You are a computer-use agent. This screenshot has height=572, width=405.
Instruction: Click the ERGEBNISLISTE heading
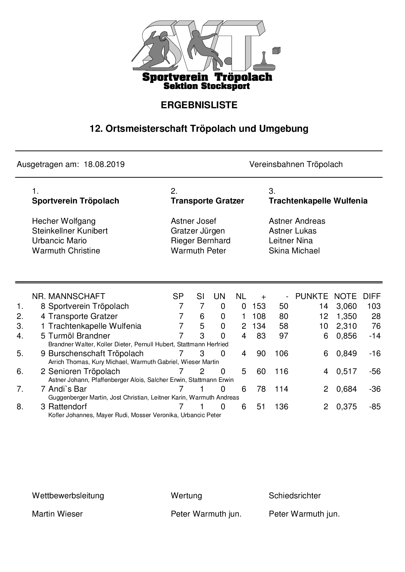pyautogui.click(x=199, y=105)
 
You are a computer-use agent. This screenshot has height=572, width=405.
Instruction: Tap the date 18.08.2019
pyautogui.click(x=104, y=164)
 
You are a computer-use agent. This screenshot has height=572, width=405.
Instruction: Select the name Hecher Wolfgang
pyautogui.click(x=64, y=221)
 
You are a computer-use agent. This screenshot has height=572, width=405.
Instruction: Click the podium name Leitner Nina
pyautogui.click(x=290, y=241)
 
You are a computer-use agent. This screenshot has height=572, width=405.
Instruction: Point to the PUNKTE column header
pyautogui.click(x=311, y=296)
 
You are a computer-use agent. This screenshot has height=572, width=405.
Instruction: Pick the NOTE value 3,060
pyautogui.click(x=346, y=306)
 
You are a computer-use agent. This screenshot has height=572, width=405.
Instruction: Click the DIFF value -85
pyautogui.click(x=375, y=407)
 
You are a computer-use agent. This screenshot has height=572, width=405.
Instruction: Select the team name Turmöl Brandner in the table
pyautogui.click(x=79, y=336)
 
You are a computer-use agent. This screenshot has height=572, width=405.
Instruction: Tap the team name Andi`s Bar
pyautogui.click(x=67, y=389)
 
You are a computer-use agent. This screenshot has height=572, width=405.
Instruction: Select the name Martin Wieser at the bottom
pyautogui.click(x=57, y=514)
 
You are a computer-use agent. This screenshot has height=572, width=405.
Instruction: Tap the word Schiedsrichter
pyautogui.click(x=295, y=496)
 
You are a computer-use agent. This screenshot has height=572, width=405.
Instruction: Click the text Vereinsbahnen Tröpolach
pyautogui.click(x=296, y=164)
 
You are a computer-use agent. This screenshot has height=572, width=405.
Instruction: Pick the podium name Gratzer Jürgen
pyautogui.click(x=198, y=231)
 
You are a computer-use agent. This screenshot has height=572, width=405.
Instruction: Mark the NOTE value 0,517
pyautogui.click(x=346, y=371)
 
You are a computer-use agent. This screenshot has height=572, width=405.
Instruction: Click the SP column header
pyautogui.click(x=178, y=296)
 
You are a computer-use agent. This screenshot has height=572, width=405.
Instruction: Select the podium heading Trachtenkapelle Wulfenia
pyautogui.click(x=318, y=201)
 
